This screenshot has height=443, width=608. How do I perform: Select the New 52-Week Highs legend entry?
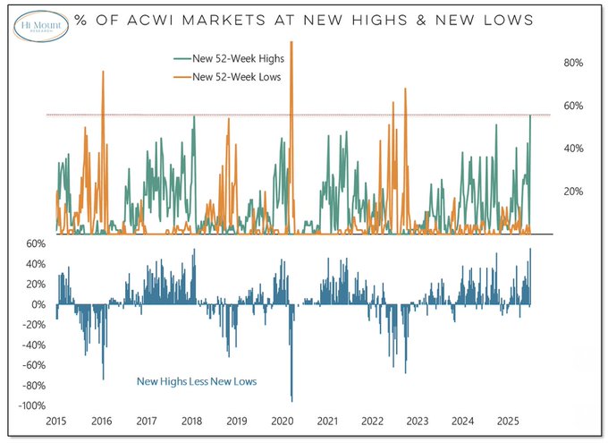click(228, 60)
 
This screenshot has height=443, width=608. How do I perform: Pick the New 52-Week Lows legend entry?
click(229, 77)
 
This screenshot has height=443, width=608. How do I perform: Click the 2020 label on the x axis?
click(283, 421)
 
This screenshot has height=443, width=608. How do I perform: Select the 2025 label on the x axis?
click(509, 421)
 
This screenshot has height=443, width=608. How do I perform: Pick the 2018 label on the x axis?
click(191, 421)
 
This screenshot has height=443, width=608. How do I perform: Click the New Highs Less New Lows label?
click(196, 382)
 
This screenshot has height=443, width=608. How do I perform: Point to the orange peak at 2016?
click(103, 72)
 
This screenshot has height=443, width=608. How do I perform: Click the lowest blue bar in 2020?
click(291, 398)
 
